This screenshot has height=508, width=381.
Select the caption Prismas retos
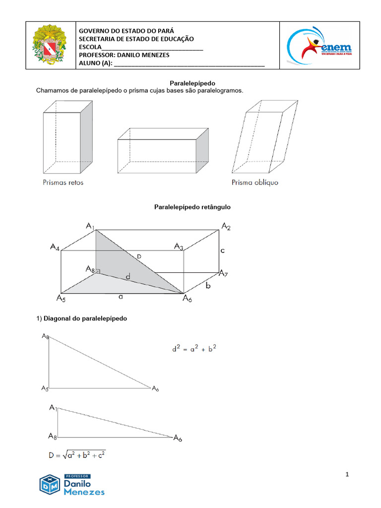pyautogui.click(x=63, y=183)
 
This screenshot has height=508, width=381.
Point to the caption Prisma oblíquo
pyautogui.click(x=255, y=183)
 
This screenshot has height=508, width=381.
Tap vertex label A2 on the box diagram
pyautogui.click(x=226, y=227)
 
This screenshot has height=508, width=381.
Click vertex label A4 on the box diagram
pyautogui.click(x=55, y=247)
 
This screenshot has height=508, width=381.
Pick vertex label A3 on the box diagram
pyautogui.click(x=179, y=247)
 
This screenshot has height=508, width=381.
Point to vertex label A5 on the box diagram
pyautogui.click(x=61, y=299)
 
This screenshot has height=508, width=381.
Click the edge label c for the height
pyautogui.click(x=223, y=251)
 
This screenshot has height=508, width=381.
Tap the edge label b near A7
pyautogui.click(x=208, y=286)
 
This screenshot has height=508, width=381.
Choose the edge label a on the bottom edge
pyautogui.click(x=121, y=297)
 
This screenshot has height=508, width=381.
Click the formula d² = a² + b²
pyautogui.click(x=194, y=349)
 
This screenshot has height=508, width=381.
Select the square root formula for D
pyautogui.click(x=76, y=454)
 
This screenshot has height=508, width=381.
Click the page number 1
pyautogui.click(x=348, y=475)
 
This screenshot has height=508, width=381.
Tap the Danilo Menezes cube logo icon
pyautogui.click(x=50, y=484)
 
